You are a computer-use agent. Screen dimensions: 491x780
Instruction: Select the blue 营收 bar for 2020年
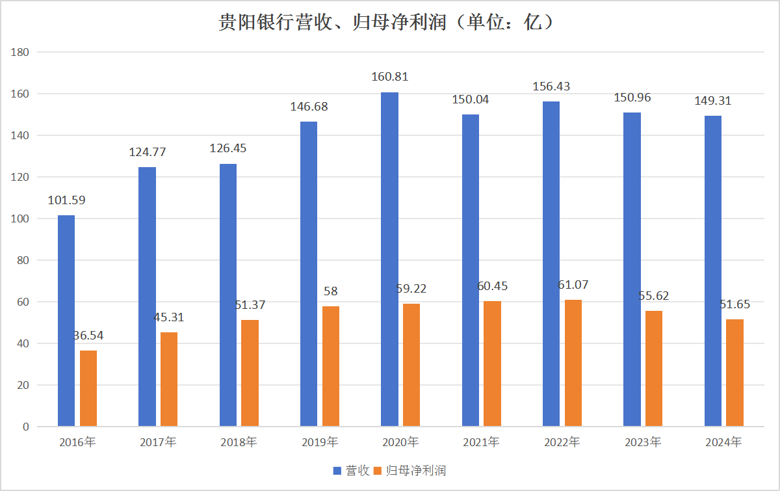coord(390,260)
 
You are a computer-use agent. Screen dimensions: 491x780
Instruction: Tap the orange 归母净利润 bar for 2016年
coord(88,388)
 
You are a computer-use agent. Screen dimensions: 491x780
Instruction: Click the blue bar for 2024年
coord(713,271)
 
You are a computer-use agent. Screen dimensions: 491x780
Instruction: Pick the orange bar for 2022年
coord(573,363)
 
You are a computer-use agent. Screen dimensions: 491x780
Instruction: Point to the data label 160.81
coord(390,77)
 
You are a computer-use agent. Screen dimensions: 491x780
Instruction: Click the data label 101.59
coord(66,200)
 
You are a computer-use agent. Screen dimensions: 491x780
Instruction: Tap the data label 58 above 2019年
coord(331,291)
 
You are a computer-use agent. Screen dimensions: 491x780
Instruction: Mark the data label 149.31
coord(713,101)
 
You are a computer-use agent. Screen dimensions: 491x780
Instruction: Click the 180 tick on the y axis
coord(21,52)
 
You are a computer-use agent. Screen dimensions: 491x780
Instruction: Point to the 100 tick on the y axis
coord(21,219)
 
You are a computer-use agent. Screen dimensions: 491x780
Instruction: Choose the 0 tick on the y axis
coord(26,427)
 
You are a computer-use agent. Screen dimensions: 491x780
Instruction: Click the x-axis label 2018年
coord(239,443)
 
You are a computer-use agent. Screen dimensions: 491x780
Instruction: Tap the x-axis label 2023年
coord(643,443)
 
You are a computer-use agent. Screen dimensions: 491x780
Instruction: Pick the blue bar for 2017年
coord(148,297)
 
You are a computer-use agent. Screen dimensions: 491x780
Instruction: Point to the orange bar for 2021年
coord(493,364)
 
